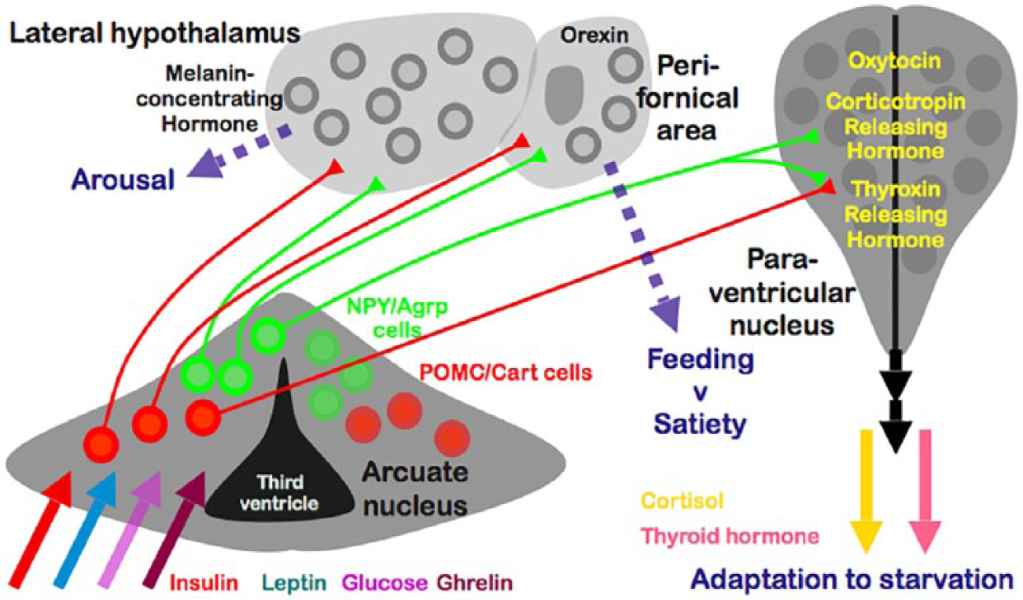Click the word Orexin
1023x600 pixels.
click(594, 35)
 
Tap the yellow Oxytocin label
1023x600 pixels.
click(894, 61)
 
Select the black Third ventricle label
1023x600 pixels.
click(279, 493)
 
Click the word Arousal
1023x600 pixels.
click(123, 179)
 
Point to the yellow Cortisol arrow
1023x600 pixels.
click(867, 491)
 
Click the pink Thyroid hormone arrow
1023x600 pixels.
click(925, 491)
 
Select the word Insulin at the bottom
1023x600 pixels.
click(204, 583)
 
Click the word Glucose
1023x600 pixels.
click(385, 583)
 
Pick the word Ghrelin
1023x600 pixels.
click(475, 583)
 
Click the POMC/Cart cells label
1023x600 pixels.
click(506, 373)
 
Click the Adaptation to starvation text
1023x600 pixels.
click(852, 580)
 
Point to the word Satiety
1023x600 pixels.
click(700, 425)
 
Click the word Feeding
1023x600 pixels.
click(701, 359)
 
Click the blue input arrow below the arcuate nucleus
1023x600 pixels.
click(85, 530)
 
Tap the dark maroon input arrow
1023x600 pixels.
click(175, 530)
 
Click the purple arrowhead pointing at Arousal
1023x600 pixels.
click(205, 164)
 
